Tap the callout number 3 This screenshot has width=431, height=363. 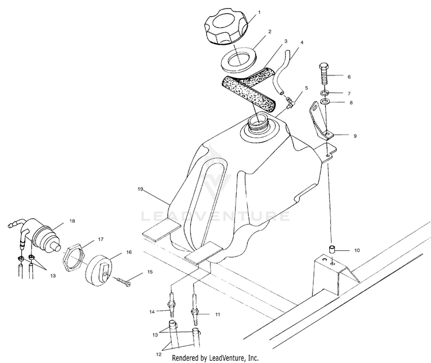[284, 43]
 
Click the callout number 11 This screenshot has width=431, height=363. [218, 315]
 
